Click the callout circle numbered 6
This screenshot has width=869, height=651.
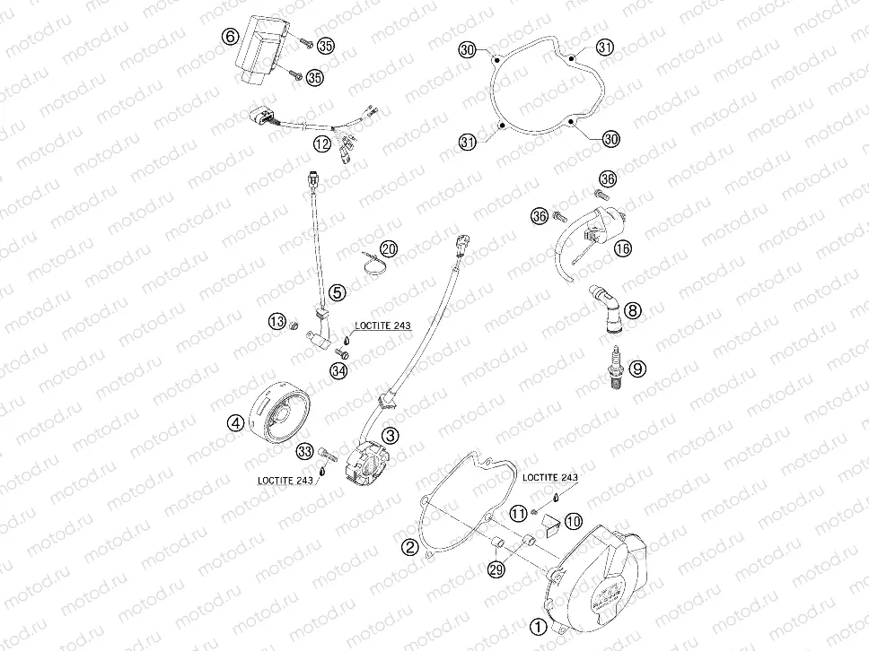click(x=230, y=37)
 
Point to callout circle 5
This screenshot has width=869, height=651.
click(x=337, y=291)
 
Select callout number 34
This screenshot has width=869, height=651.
click(x=338, y=371)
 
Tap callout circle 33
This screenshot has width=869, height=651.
click(x=305, y=450)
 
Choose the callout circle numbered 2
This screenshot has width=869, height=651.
click(x=410, y=546)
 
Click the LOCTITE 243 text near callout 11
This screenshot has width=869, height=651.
click(x=550, y=478)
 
